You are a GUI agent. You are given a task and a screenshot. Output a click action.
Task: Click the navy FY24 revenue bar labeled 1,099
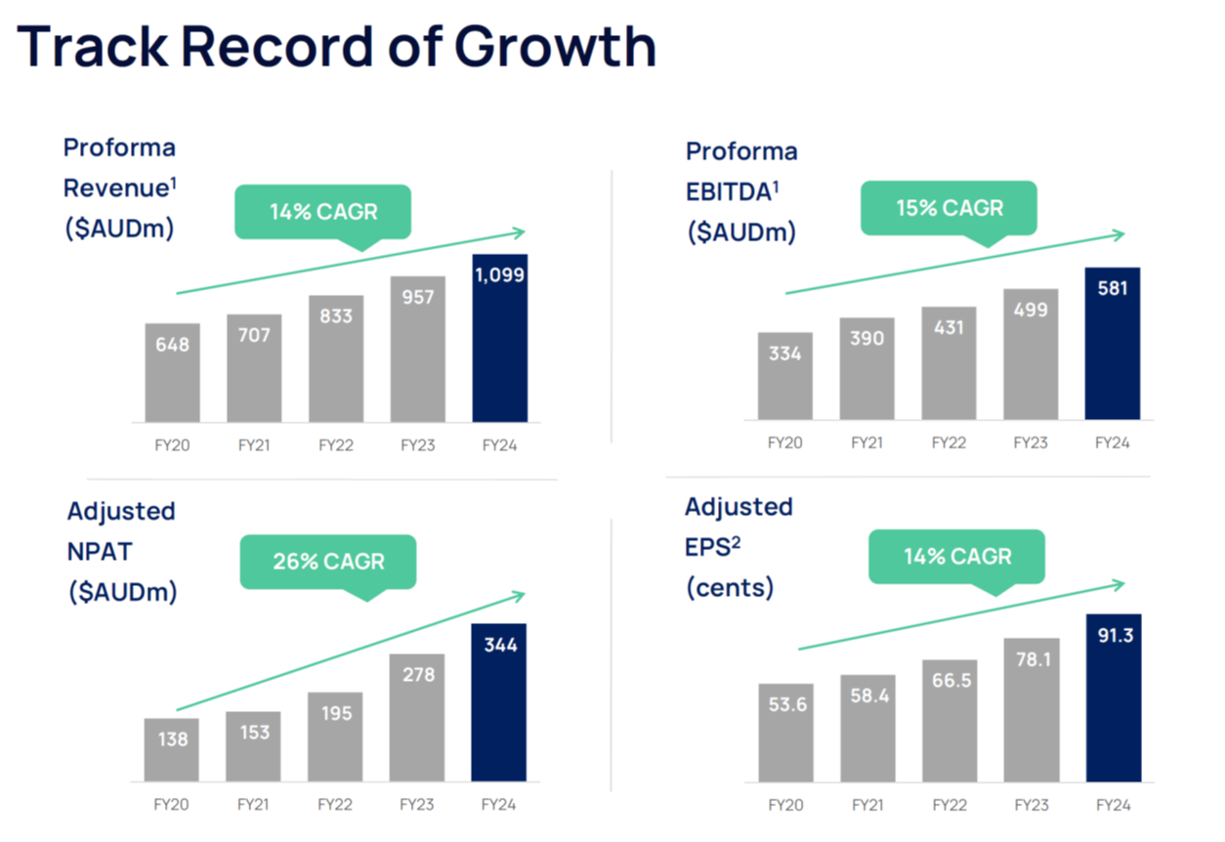(500, 338)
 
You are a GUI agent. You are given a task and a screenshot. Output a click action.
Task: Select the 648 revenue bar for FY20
(172, 372)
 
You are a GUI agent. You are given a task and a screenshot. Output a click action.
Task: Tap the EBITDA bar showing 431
(949, 363)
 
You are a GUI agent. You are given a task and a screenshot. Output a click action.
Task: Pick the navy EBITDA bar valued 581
(1113, 344)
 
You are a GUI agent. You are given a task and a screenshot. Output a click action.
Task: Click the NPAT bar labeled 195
(335, 737)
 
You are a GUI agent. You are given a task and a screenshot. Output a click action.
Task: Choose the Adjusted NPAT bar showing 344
(499, 702)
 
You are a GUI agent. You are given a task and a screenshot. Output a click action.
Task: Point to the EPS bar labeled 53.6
(785, 733)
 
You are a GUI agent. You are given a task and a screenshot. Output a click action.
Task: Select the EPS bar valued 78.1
(1032, 710)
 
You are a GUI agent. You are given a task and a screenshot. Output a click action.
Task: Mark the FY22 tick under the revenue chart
(336, 445)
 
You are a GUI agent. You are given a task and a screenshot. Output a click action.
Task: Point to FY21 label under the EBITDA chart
(866, 442)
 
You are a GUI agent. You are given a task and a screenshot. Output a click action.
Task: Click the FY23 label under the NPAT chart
(417, 805)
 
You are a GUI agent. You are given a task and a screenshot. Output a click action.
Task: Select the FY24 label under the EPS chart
(1113, 805)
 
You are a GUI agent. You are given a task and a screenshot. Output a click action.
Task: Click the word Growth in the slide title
(555, 47)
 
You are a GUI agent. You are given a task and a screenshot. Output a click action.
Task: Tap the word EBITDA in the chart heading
(729, 191)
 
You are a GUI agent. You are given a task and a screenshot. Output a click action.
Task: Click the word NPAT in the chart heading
(100, 552)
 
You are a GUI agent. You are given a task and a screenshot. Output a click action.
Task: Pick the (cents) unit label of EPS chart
(730, 588)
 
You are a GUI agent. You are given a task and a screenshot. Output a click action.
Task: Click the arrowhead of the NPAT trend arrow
(519, 595)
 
